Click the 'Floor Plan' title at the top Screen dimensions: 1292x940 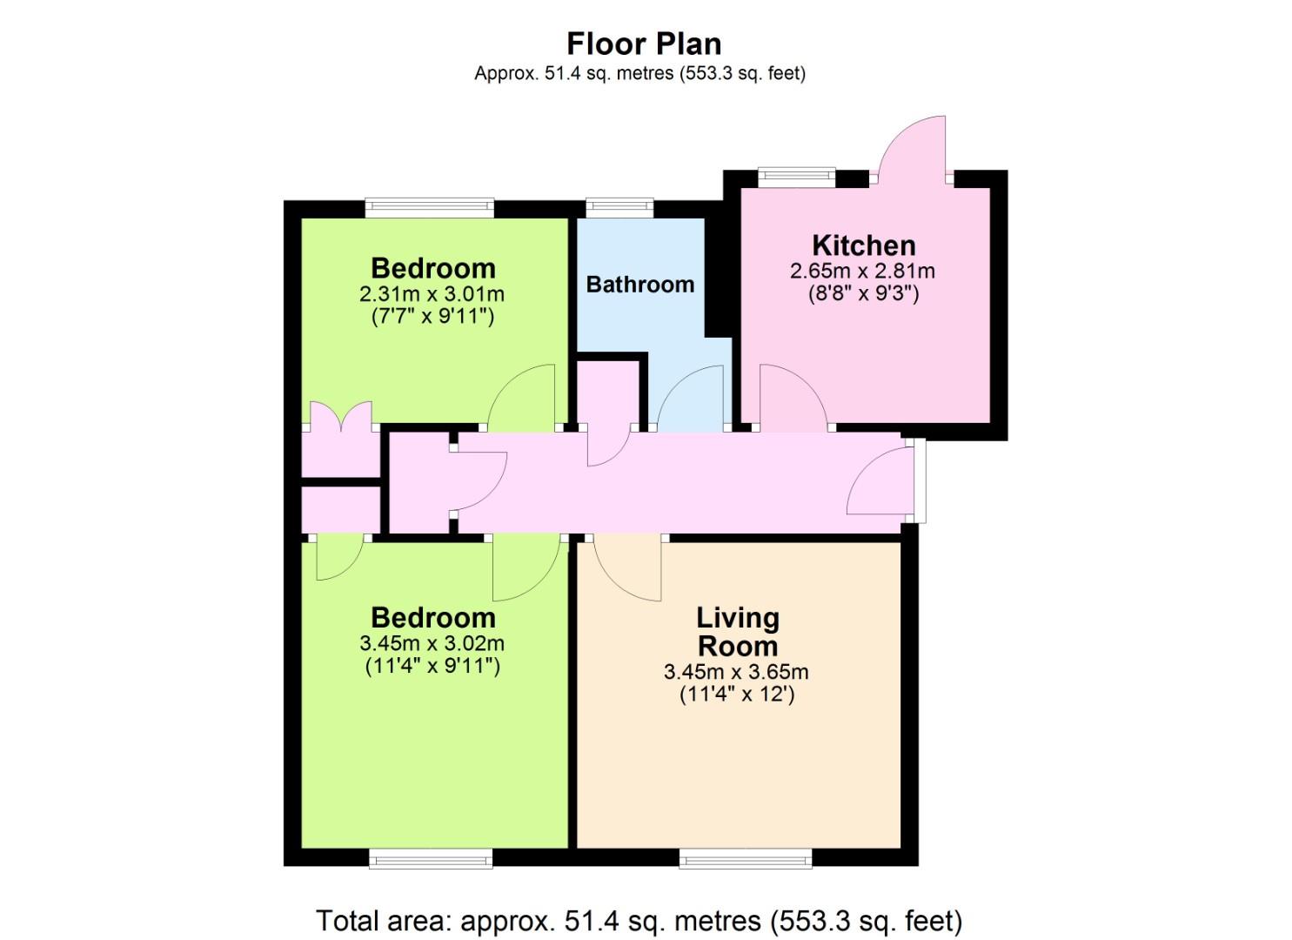(x=644, y=44)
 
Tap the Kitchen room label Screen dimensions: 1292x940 (x=863, y=245)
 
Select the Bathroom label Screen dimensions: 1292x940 (x=640, y=285)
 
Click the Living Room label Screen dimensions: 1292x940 (x=738, y=632)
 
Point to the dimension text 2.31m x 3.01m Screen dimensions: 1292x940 (x=432, y=294)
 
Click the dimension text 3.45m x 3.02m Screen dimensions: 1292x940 (x=432, y=643)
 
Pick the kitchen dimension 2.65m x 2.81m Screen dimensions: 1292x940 (x=862, y=272)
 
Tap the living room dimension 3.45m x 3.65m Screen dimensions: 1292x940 (x=736, y=672)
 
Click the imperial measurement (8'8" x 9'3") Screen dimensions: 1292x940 (x=863, y=293)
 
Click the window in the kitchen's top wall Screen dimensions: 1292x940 (x=797, y=177)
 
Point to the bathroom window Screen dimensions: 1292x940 (x=619, y=208)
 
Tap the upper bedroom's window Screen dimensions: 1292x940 (x=430, y=208)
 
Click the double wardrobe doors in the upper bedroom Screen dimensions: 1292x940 (x=341, y=417)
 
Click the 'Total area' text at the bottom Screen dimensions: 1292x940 (x=639, y=920)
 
